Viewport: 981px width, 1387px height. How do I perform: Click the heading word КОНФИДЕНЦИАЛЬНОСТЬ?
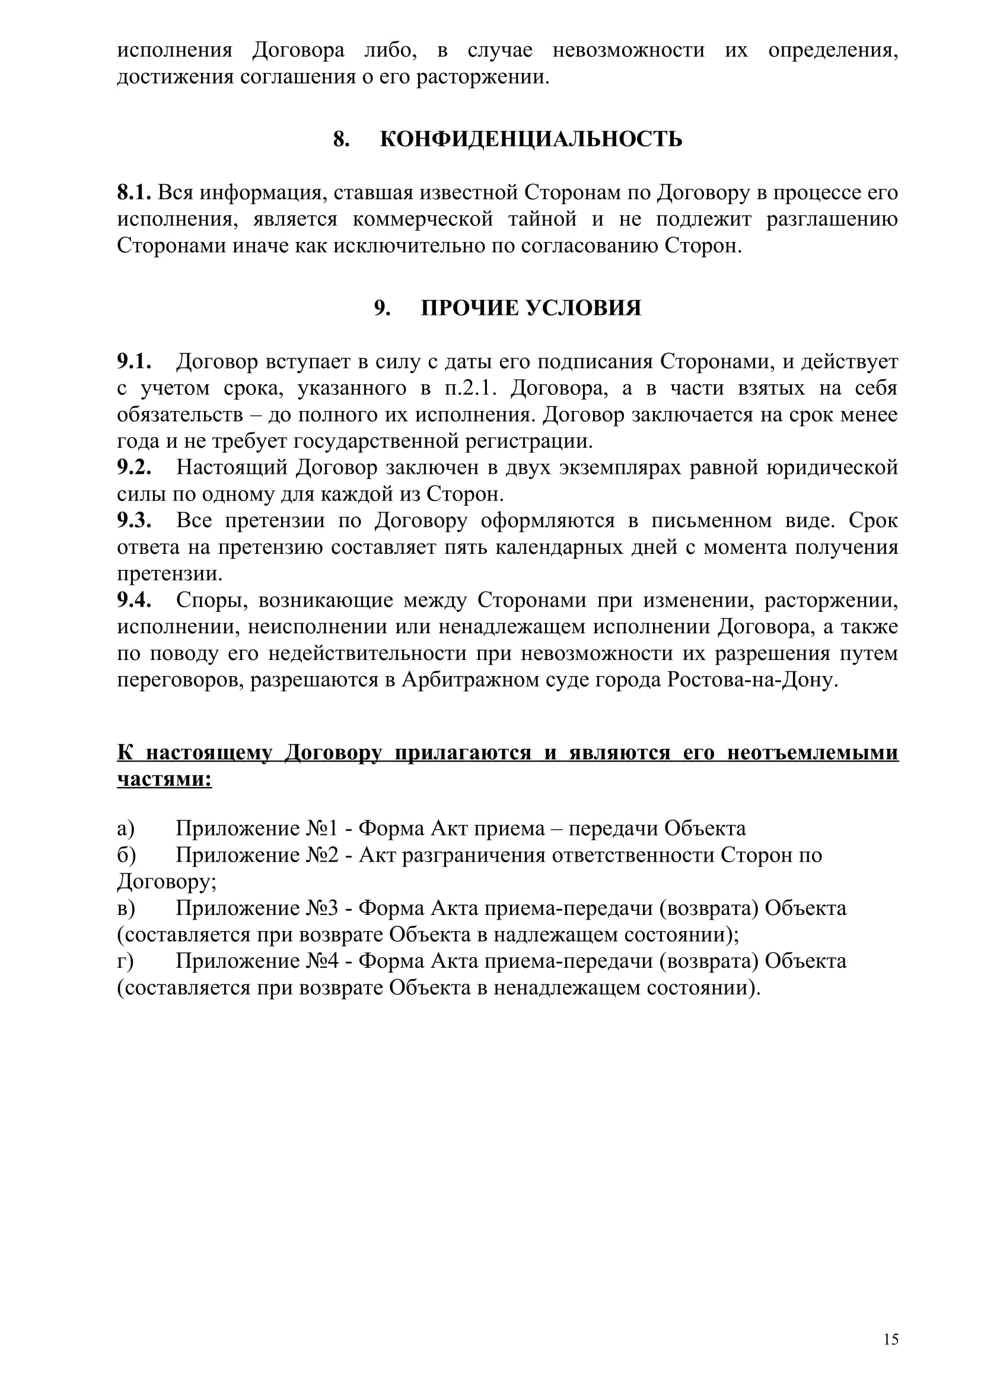(x=531, y=139)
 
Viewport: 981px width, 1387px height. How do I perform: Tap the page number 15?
(x=891, y=1340)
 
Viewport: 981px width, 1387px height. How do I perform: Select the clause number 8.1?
(x=134, y=193)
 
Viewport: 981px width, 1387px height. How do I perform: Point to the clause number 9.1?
(x=134, y=362)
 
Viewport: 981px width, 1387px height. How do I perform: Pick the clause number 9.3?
(x=134, y=521)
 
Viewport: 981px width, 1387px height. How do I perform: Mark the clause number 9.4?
(x=134, y=601)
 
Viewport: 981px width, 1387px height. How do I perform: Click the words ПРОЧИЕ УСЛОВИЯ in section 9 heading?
(x=530, y=308)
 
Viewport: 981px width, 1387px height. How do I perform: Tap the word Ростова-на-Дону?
(x=753, y=680)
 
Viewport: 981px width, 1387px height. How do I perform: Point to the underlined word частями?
(x=164, y=779)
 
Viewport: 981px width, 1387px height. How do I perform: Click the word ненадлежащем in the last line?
(x=565, y=988)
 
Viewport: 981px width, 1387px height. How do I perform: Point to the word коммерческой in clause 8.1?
(x=423, y=219)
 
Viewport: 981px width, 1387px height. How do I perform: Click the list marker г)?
(x=126, y=961)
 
